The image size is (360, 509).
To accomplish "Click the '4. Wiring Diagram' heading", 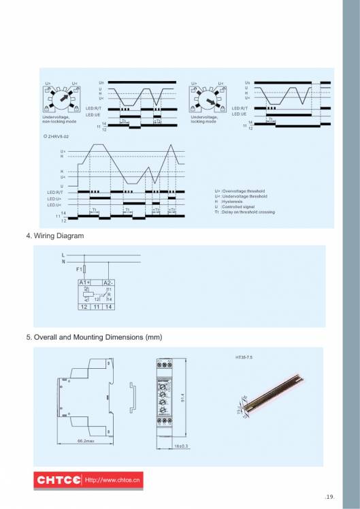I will [54, 236].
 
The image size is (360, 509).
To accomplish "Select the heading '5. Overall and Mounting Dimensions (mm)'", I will [94, 337].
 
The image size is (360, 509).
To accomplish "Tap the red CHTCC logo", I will [58, 480].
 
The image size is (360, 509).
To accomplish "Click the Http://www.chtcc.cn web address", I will [112, 480].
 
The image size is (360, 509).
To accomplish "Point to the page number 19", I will [330, 497].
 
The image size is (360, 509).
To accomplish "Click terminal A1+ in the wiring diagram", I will [84, 282].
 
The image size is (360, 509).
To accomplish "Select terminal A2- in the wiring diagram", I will [108, 282].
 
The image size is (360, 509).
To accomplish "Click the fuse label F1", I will [79, 269].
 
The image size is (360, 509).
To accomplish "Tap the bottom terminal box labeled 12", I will [84, 308].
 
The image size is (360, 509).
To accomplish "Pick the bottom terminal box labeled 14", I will [108, 308].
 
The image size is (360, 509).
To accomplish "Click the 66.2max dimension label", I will [86, 442].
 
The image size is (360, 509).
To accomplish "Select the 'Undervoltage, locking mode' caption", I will [205, 119].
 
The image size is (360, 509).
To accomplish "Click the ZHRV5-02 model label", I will [57, 137].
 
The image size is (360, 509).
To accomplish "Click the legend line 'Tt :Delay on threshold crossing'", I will [244, 212].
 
